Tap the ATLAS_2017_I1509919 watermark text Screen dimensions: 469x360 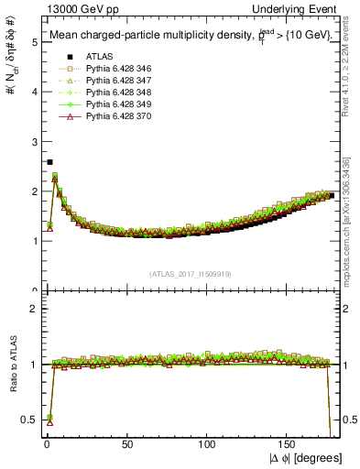[x=192, y=274]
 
